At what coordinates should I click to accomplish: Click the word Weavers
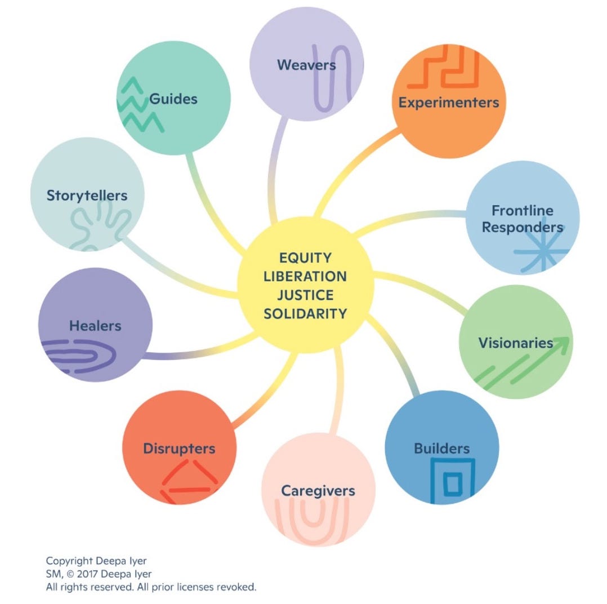306,65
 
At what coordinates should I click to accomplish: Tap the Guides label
173,99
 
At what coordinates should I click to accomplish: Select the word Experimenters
448,103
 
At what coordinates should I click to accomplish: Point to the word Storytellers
87,196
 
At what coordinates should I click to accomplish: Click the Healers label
95,326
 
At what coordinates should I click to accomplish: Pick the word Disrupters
178,448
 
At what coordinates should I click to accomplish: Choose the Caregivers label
318,490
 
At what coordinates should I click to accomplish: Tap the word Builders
441,448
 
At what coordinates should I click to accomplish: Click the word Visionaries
515,343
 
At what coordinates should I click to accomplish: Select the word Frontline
522,211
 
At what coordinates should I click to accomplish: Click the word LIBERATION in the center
305,277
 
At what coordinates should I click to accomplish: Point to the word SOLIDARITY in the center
305,313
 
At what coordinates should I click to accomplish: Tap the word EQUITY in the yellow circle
305,258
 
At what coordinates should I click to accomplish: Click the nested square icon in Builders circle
452,481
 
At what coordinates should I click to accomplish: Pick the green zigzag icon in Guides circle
138,104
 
